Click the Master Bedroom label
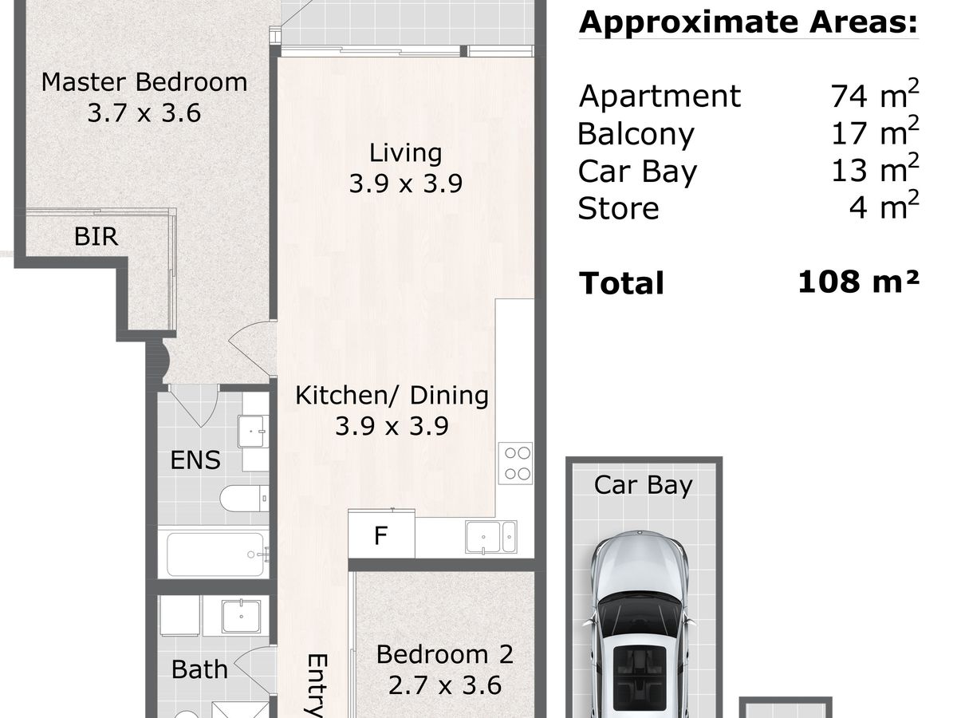point(144,82)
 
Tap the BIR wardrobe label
point(96,236)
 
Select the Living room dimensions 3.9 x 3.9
point(405,183)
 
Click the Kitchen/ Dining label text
point(392,396)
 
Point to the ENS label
point(195,460)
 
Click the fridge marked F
point(381,534)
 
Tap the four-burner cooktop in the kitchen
point(516,464)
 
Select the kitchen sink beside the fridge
point(491,537)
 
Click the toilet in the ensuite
point(244,497)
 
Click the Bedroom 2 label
point(445,654)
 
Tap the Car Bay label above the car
point(643,485)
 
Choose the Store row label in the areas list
point(618,209)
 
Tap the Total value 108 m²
point(858,282)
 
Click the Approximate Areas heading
point(748,22)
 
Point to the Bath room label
point(199,669)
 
